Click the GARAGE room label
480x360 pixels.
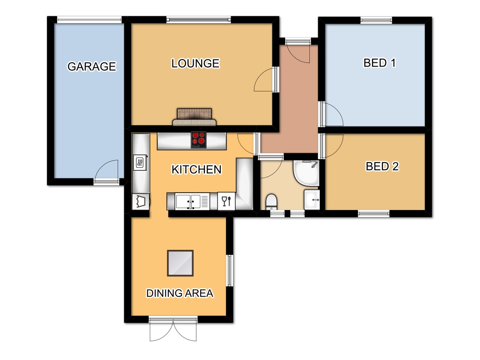click(x=91, y=67)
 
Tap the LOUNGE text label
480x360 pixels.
click(x=195, y=63)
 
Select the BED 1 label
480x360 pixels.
click(x=379, y=63)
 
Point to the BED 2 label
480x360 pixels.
click(x=382, y=166)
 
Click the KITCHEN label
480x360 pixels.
click(x=196, y=169)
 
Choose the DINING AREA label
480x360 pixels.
click(x=180, y=293)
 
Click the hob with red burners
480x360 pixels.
click(x=199, y=140)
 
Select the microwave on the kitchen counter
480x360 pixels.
click(x=140, y=163)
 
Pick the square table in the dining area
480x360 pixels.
click(x=180, y=263)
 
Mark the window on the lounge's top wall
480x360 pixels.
click(x=198, y=20)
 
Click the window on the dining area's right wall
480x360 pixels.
click(x=230, y=270)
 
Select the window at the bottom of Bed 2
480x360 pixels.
click(x=374, y=214)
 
